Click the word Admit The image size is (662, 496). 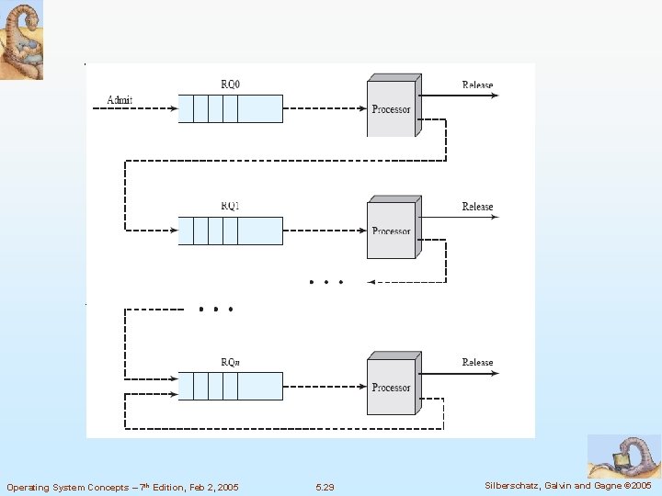[120, 99]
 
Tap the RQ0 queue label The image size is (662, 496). [230, 85]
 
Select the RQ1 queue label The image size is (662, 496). [230, 207]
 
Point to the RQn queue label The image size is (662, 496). [230, 363]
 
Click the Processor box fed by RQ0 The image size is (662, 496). [392, 109]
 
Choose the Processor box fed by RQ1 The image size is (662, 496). [392, 231]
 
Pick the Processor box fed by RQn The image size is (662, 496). [392, 387]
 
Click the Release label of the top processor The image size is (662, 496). [477, 85]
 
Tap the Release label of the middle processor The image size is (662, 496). [477, 207]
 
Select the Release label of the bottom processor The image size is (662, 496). [477, 363]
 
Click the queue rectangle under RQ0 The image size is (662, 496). [230, 109]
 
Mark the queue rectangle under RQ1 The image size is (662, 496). [230, 231]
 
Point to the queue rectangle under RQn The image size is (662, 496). [230, 387]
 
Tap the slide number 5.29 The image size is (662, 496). [325, 487]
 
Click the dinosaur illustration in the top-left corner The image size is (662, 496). [21, 39]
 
